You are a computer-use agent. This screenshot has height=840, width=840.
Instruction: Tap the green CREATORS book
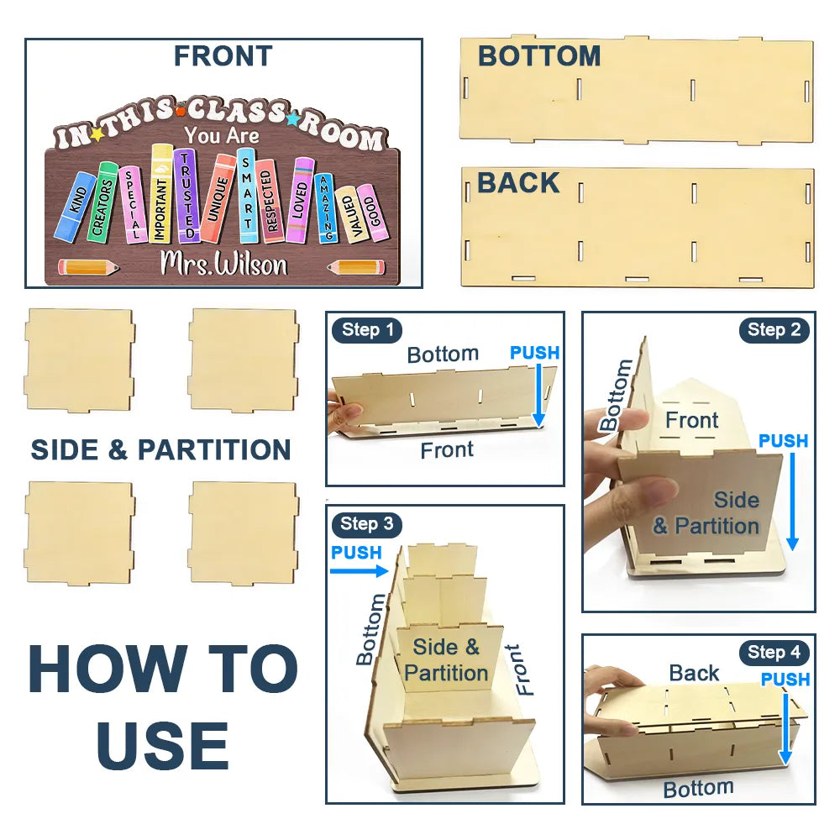click(102, 202)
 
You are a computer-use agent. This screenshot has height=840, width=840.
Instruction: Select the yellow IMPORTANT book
click(160, 193)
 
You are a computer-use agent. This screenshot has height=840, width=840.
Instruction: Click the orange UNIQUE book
click(218, 198)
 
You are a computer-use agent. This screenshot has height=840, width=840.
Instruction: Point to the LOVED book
click(300, 201)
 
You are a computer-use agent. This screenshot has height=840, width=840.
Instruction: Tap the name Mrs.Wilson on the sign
click(223, 264)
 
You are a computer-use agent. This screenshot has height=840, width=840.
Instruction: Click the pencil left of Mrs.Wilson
click(88, 267)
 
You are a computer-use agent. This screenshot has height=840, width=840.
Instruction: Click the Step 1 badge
click(368, 330)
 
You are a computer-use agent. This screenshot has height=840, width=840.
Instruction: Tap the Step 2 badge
click(774, 330)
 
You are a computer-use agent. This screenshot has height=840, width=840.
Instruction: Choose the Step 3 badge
click(367, 523)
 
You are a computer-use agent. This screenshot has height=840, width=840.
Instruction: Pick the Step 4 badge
click(774, 653)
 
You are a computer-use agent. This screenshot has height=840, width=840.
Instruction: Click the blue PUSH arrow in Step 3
click(359, 571)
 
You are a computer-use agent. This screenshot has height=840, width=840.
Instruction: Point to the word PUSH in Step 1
click(534, 353)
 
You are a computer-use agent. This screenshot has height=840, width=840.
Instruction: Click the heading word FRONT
click(223, 55)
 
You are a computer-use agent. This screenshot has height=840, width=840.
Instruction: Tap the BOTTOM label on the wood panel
click(539, 55)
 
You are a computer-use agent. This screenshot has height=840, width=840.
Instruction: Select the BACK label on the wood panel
click(518, 182)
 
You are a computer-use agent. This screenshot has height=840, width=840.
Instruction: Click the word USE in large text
click(163, 745)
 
